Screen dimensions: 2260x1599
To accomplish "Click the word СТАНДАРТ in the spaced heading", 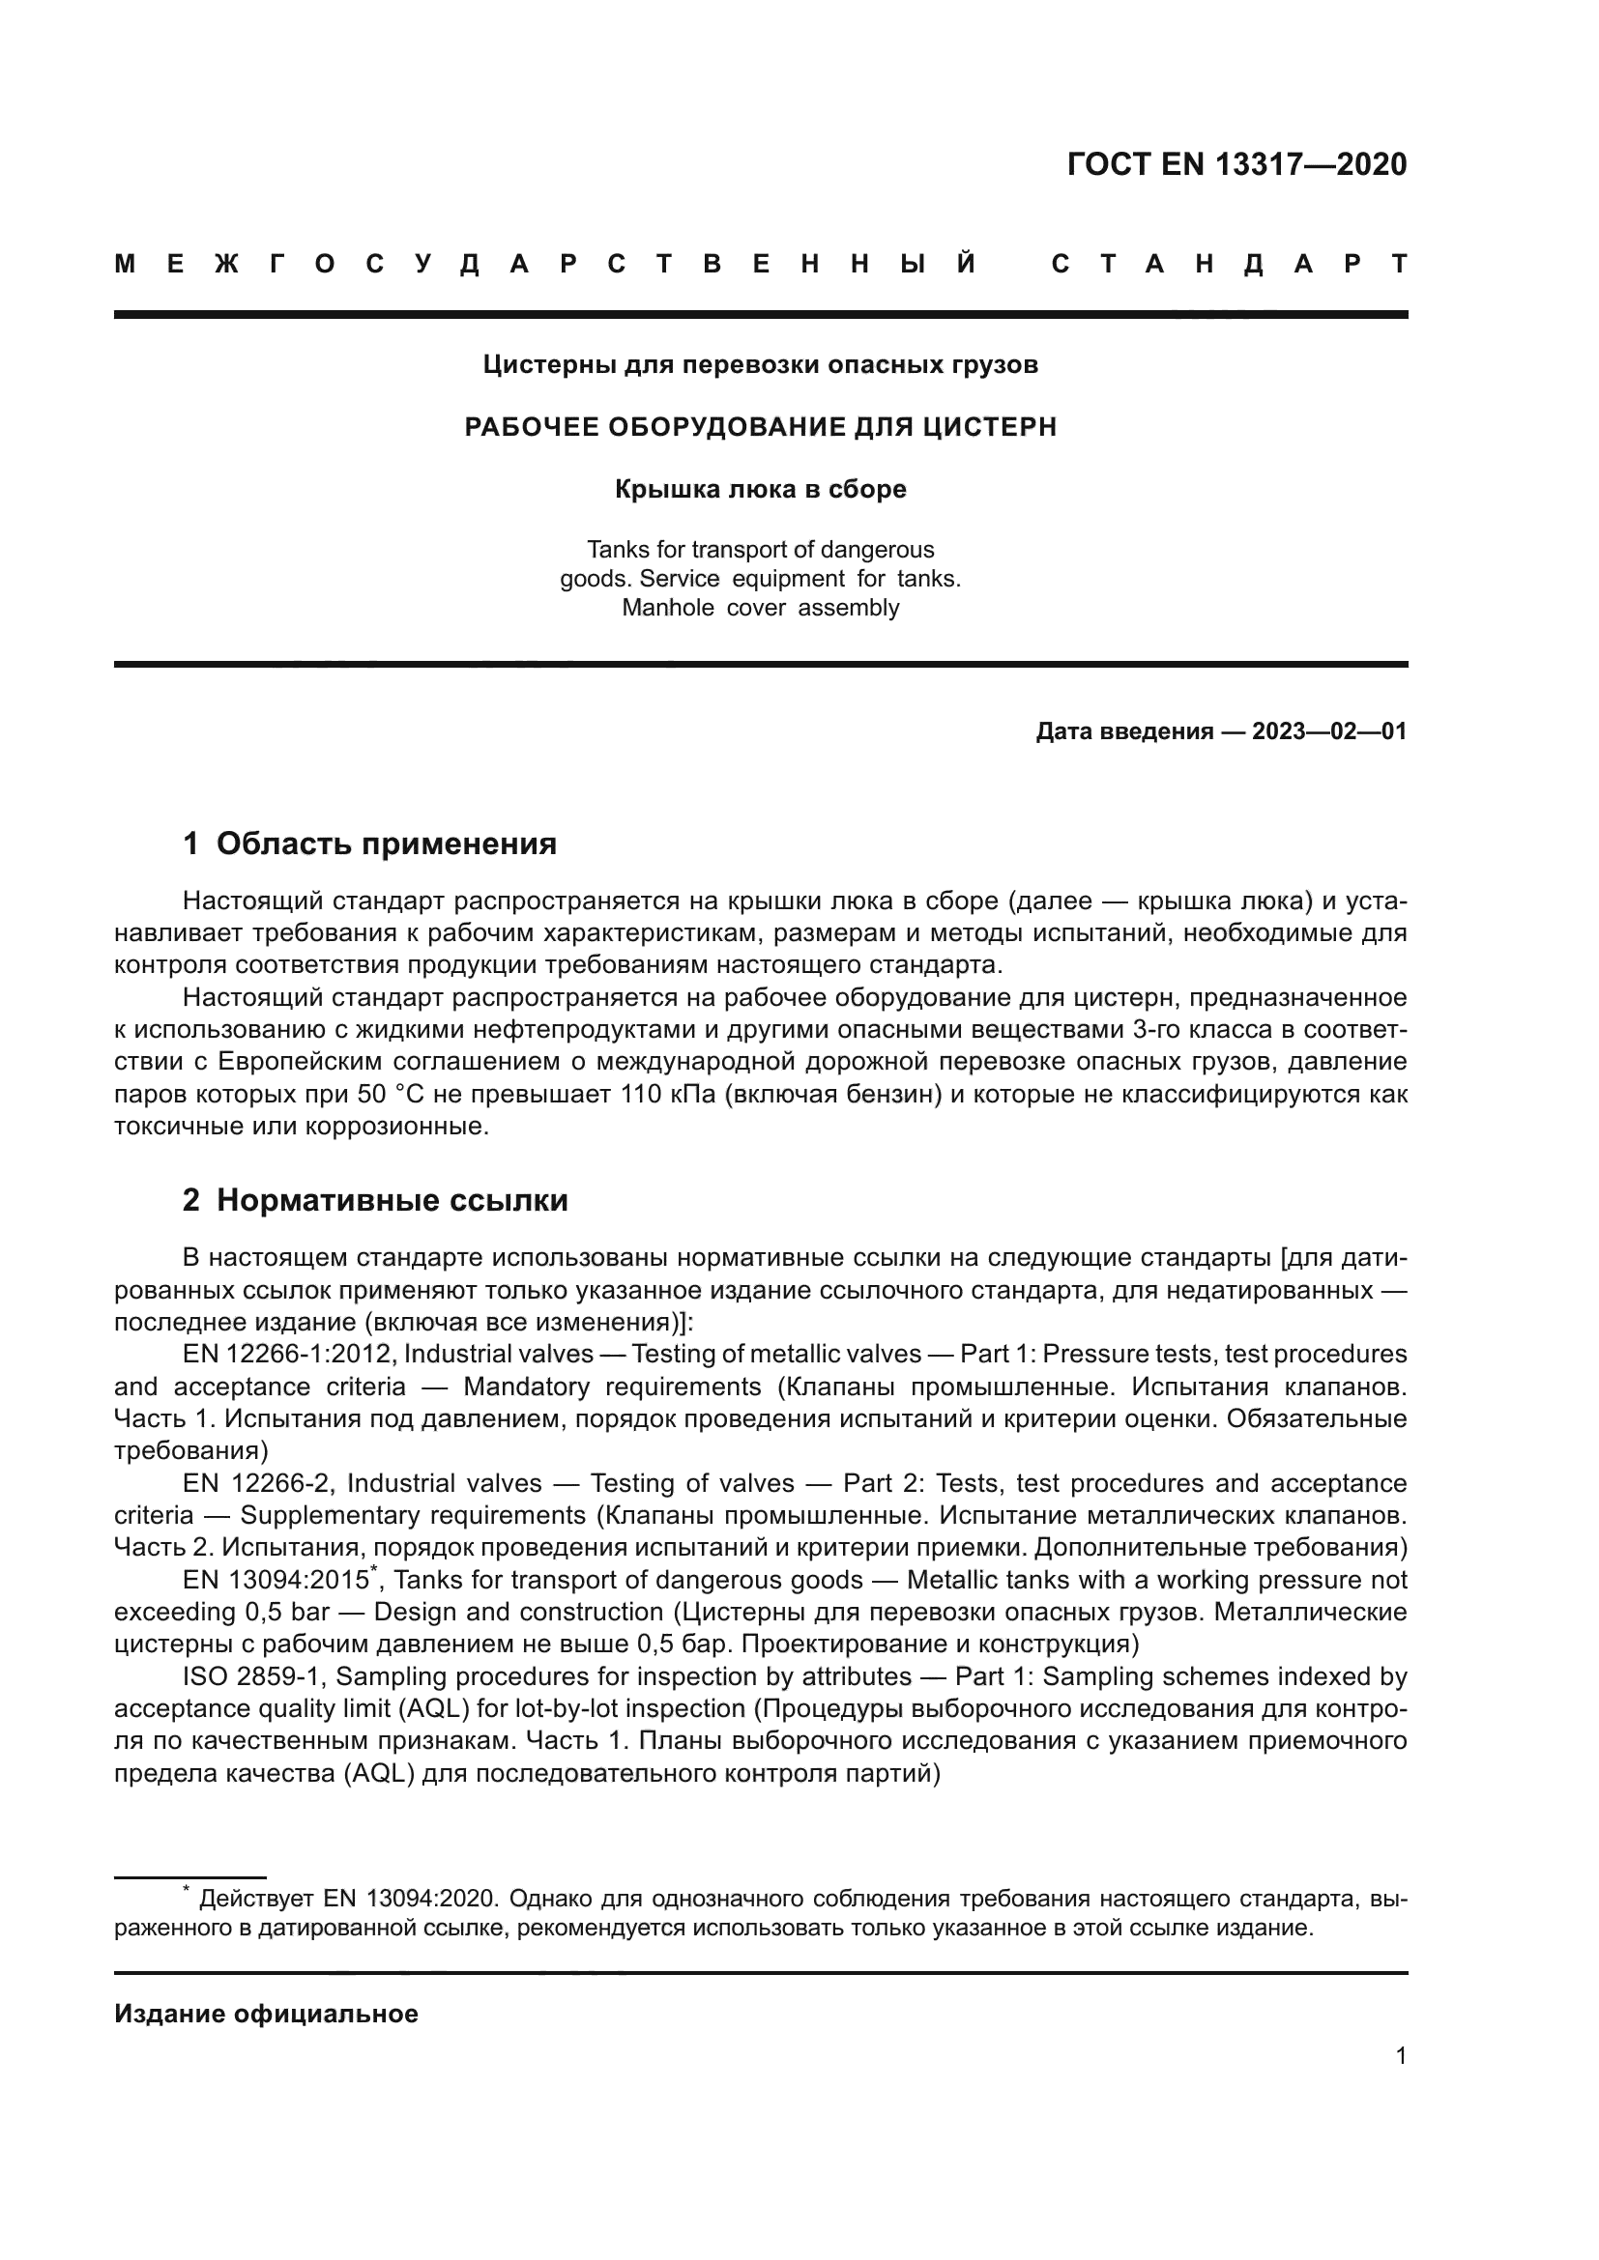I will [x=1229, y=264].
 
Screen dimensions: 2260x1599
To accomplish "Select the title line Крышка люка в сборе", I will [x=760, y=489].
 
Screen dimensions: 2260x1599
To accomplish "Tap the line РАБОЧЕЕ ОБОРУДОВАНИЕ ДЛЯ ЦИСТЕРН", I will [x=760, y=427].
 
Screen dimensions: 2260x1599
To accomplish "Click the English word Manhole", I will [x=668, y=609].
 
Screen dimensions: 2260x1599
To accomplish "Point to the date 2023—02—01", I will [x=1328, y=731].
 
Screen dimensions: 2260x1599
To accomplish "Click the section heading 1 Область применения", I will [x=369, y=844].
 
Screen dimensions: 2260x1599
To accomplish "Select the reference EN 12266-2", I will [x=257, y=1483].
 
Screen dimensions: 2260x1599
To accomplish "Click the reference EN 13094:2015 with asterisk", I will [x=278, y=1581].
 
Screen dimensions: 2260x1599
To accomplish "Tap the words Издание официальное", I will [x=266, y=2014].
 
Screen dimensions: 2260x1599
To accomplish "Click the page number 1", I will [x=1400, y=2056].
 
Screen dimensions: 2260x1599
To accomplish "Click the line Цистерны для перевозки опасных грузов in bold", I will [x=760, y=365].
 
